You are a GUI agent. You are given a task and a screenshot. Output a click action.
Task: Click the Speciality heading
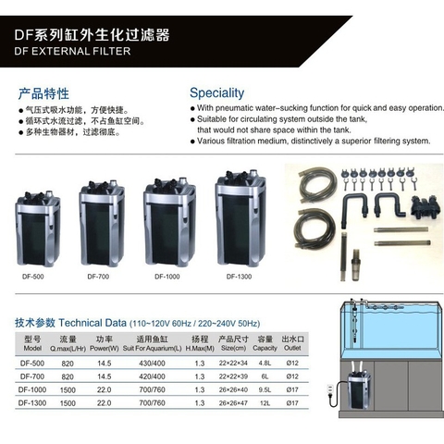pos(217,93)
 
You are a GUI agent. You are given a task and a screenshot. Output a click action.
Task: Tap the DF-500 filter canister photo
pos(41,228)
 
